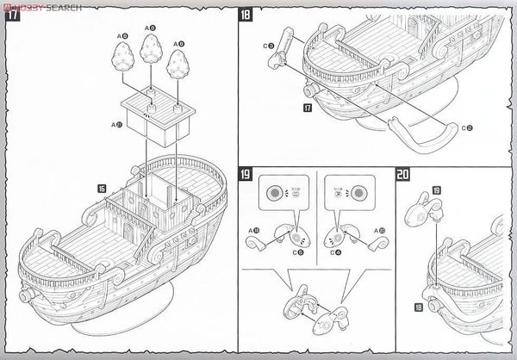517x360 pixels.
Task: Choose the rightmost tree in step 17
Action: [180, 63]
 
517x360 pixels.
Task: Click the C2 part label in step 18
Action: [465, 127]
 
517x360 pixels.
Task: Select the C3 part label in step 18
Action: [269, 45]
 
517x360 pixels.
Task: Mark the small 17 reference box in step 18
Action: [307, 109]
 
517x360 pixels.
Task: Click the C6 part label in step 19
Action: [298, 253]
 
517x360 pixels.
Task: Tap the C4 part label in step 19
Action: [338, 253]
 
